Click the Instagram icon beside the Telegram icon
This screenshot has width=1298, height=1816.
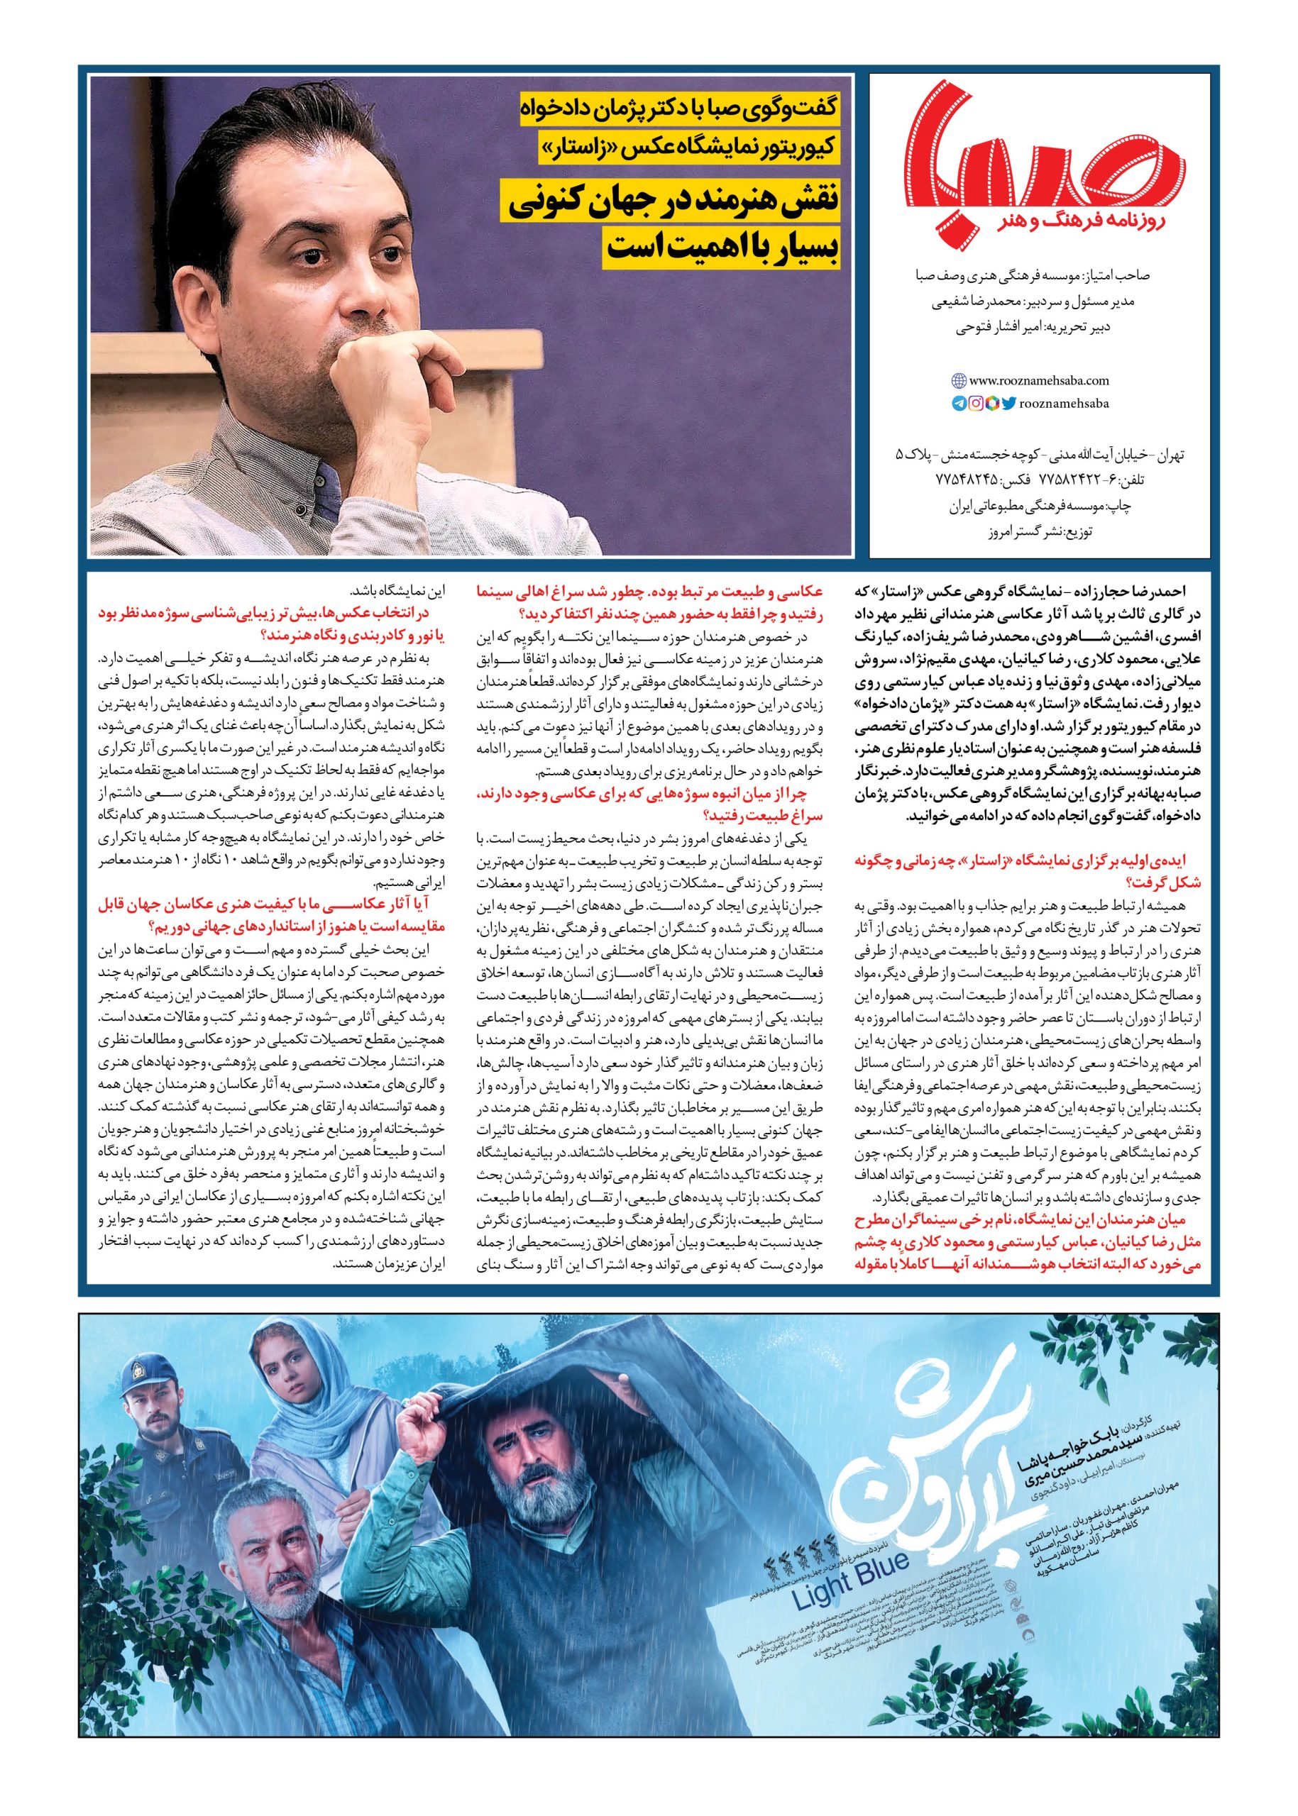pyautogui.click(x=976, y=404)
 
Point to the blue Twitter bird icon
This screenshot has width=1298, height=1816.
pyautogui.click(x=1008, y=404)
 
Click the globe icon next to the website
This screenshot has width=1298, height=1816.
pyautogui.click(x=958, y=382)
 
